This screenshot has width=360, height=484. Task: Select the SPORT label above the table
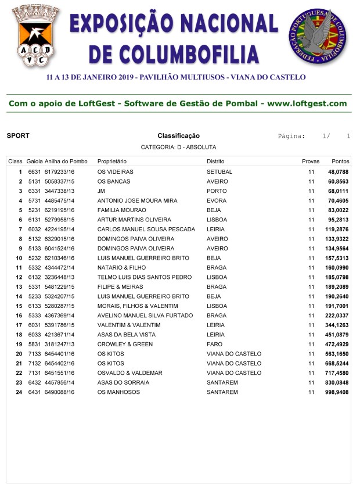click(18, 136)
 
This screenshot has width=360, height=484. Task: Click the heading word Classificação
click(178, 136)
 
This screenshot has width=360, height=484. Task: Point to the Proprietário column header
click(112, 161)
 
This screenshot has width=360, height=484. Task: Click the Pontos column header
click(340, 161)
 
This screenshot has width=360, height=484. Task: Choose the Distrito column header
click(215, 161)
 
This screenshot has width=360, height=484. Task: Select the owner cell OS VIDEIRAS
click(116, 172)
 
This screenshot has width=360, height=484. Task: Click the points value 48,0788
click(338, 172)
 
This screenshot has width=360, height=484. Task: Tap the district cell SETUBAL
click(219, 172)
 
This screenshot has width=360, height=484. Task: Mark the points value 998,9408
click(337, 392)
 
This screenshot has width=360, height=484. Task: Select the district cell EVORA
click(216, 200)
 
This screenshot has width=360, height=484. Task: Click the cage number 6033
click(34, 335)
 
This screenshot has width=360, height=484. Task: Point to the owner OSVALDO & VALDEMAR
click(129, 373)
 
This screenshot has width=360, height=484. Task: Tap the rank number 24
click(19, 392)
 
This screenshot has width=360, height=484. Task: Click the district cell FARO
click(214, 345)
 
